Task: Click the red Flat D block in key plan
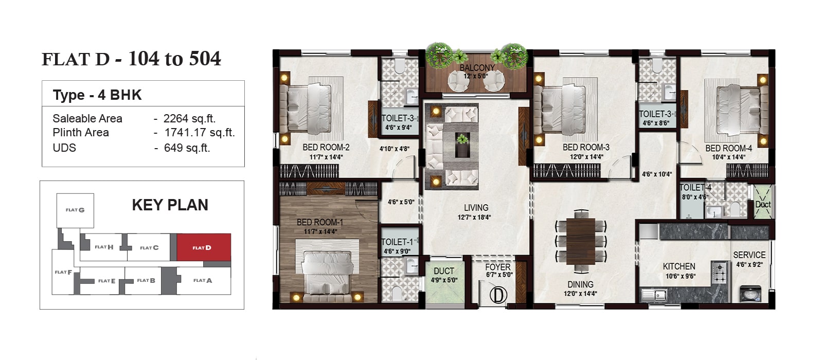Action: (x=204, y=247)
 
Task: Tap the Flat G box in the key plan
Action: (x=75, y=210)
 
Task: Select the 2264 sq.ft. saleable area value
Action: (x=190, y=119)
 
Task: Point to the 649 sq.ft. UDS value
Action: (x=187, y=148)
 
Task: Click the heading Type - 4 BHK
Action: (x=97, y=95)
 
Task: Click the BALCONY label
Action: (x=477, y=67)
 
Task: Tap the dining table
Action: (x=581, y=241)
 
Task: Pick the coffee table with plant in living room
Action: (x=462, y=145)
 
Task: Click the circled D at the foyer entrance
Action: (x=498, y=295)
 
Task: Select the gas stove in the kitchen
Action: (x=720, y=273)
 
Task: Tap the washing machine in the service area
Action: (x=750, y=293)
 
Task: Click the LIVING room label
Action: (x=476, y=208)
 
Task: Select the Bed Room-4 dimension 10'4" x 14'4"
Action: (x=728, y=157)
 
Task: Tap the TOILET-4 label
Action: (x=695, y=188)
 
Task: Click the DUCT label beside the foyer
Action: (x=444, y=271)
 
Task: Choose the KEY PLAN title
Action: (x=170, y=205)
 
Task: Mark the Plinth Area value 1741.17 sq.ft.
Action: (x=200, y=133)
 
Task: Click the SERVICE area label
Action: (x=749, y=255)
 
